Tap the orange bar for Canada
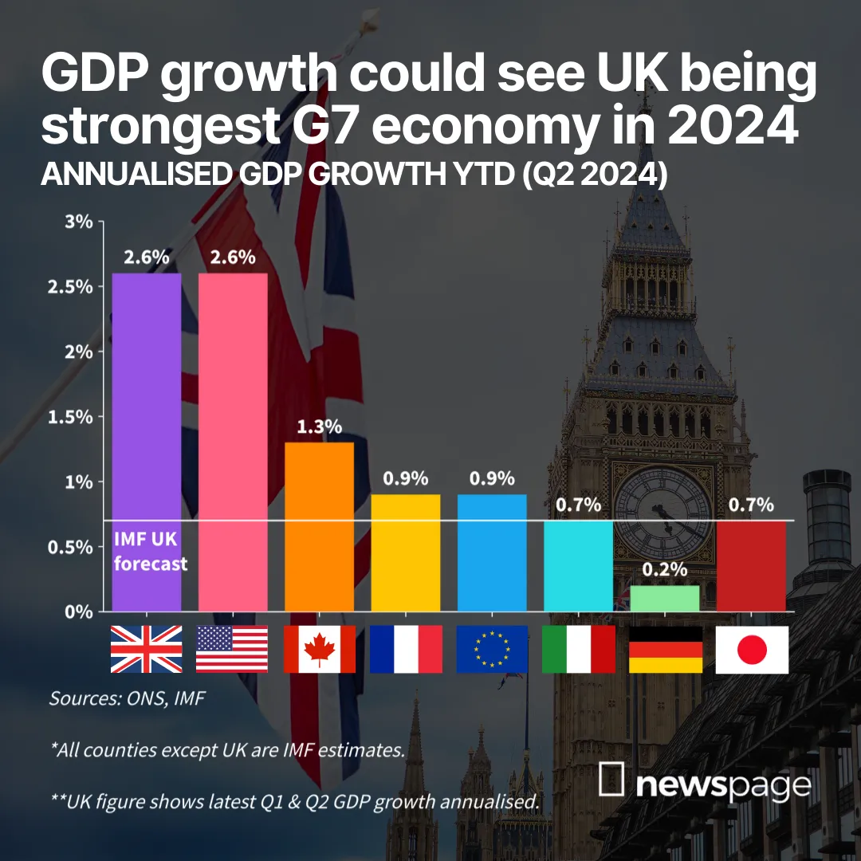point(319,526)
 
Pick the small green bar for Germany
point(665,599)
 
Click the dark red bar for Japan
point(751,566)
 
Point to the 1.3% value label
point(319,427)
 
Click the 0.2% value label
point(665,570)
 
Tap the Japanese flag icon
point(751,649)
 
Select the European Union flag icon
point(492,649)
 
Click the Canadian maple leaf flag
point(319,649)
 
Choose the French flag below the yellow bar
point(406,649)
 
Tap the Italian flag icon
point(578,649)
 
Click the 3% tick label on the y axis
point(79,221)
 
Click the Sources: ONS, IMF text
point(128,698)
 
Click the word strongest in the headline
point(163,128)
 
